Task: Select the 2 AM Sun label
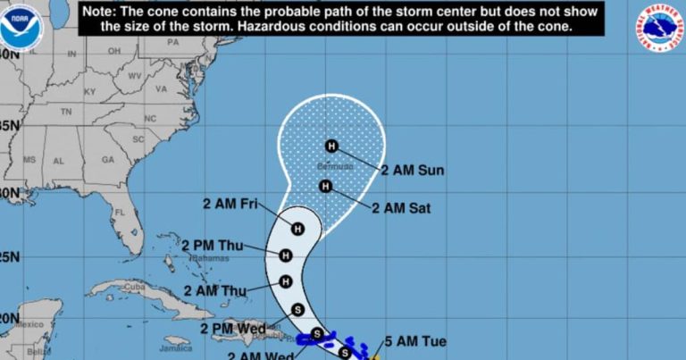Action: tap(413, 170)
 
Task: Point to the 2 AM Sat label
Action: tap(401, 208)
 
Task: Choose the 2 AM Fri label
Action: tap(236, 205)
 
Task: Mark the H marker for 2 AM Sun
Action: tap(331, 147)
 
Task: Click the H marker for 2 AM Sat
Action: tap(325, 187)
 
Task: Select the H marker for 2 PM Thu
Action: tap(286, 255)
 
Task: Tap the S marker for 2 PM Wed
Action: tap(298, 310)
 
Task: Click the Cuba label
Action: tap(134, 287)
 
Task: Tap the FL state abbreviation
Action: tap(118, 213)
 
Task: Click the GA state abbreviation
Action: tap(108, 159)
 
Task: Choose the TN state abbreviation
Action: tap(65, 113)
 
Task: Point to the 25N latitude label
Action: tap(8, 257)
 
